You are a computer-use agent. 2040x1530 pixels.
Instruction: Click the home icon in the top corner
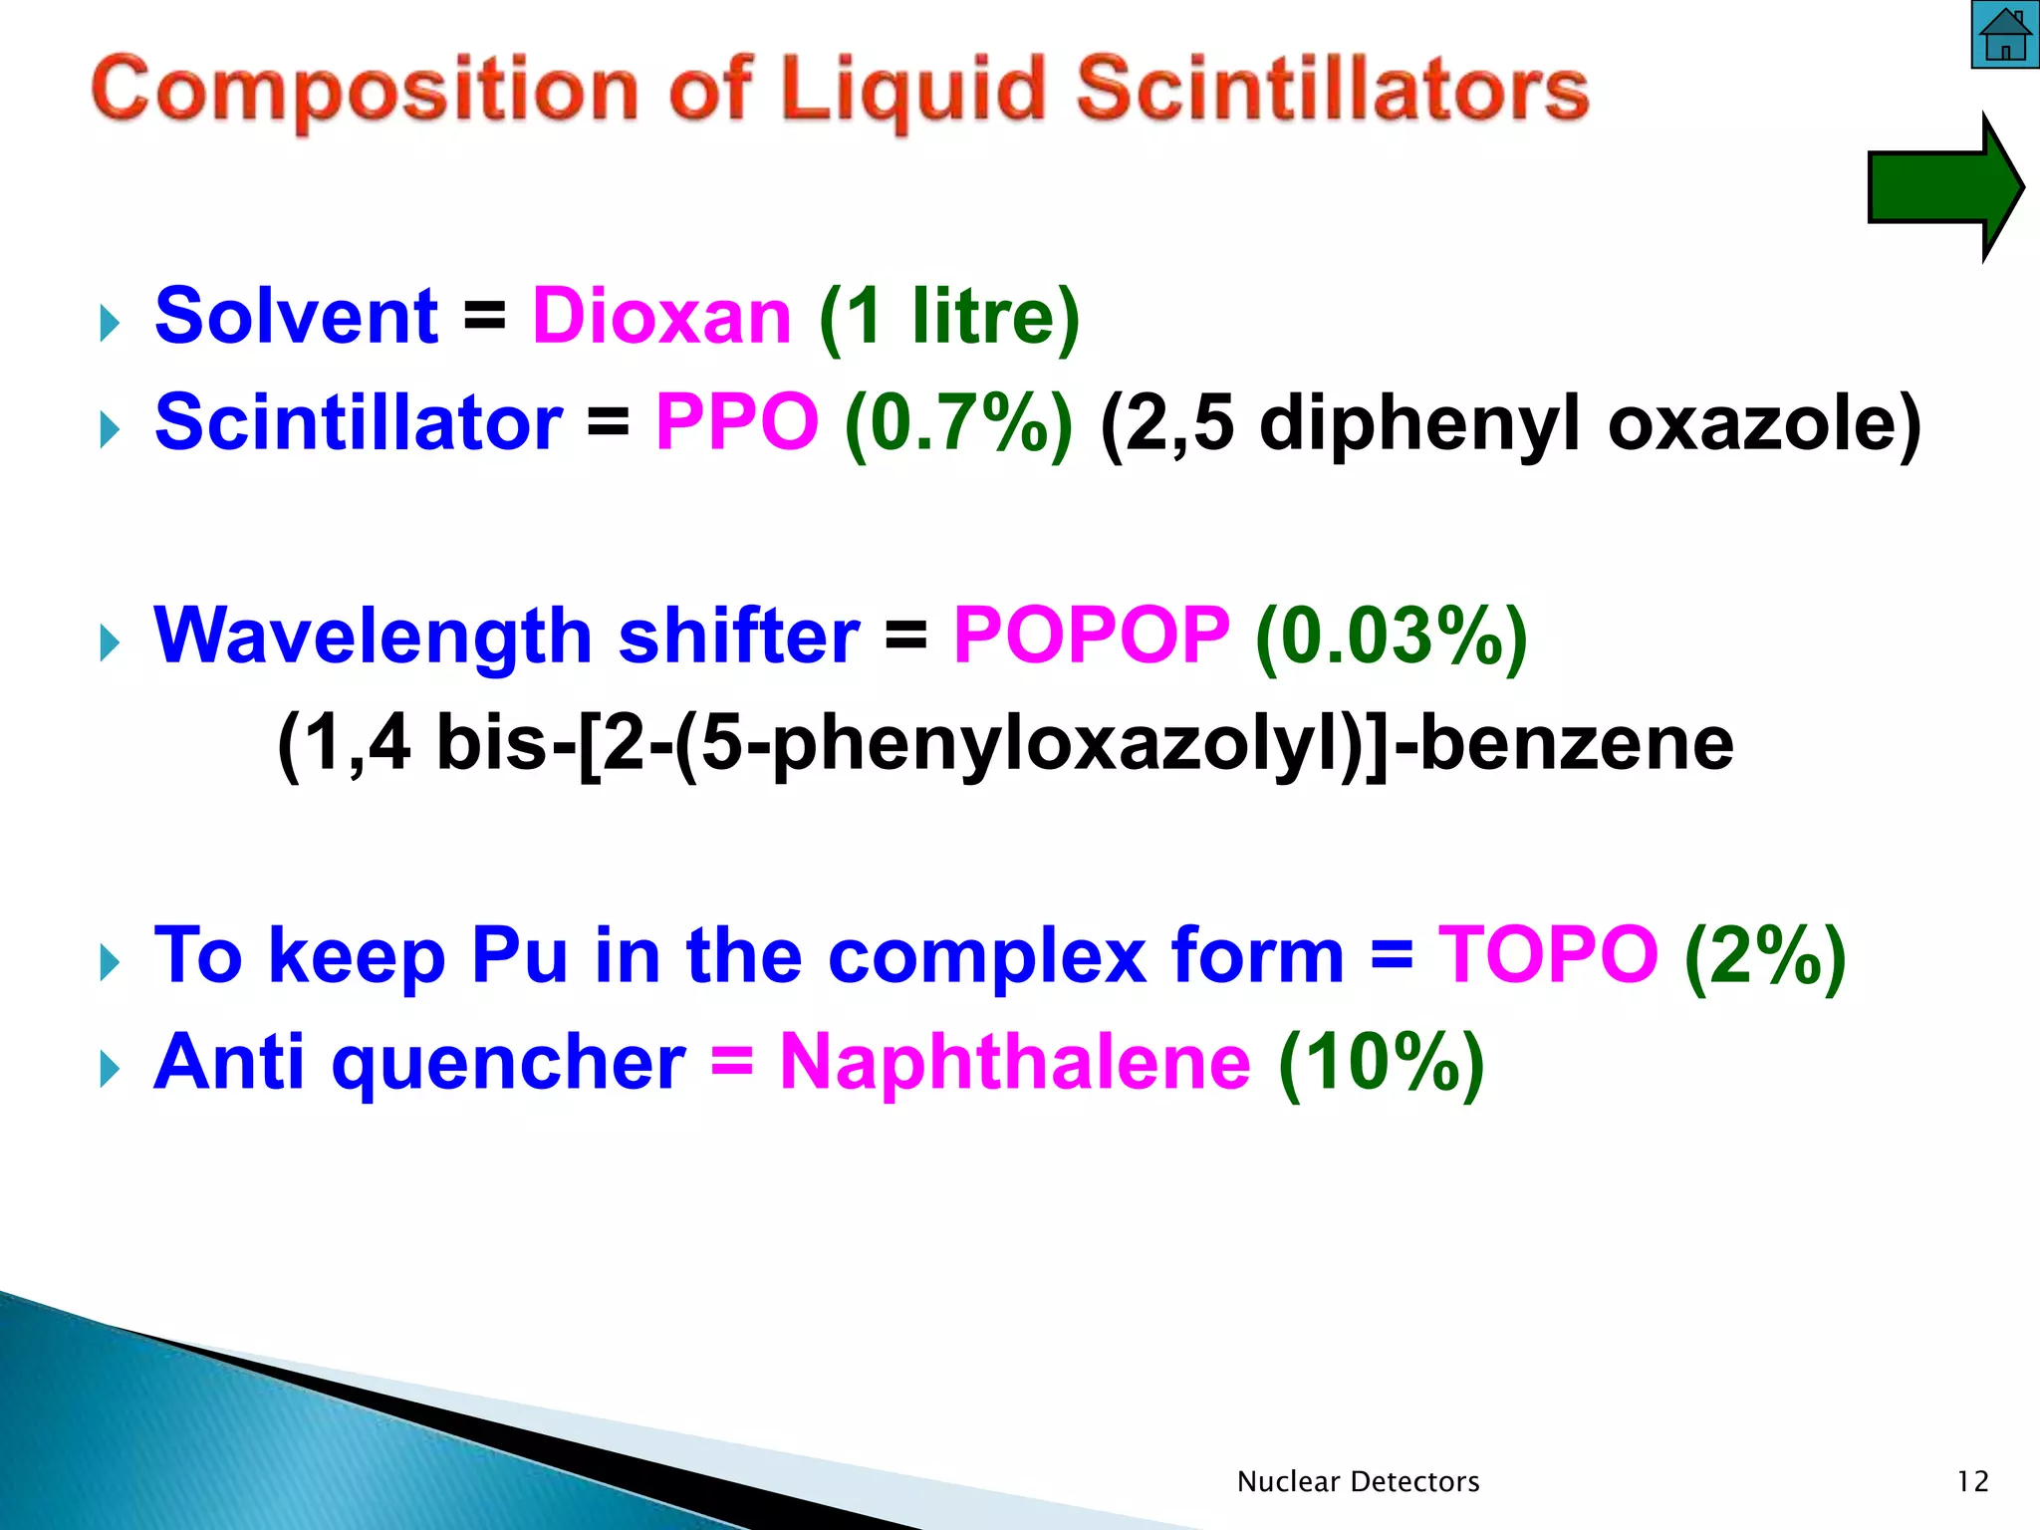tap(2005, 35)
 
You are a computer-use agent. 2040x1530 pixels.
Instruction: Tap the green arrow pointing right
tap(1942, 187)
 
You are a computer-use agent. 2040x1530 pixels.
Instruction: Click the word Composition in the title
tap(365, 91)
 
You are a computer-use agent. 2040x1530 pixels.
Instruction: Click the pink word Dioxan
tap(662, 317)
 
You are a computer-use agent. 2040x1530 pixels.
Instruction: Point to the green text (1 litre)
tap(949, 317)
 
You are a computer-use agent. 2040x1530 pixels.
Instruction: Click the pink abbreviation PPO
tap(737, 422)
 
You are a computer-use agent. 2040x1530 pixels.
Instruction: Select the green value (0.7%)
tap(958, 422)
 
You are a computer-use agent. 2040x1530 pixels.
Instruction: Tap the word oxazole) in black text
tap(1764, 422)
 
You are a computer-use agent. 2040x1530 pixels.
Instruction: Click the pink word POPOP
tap(1092, 636)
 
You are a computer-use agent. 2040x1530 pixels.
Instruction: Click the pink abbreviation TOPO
tap(1548, 955)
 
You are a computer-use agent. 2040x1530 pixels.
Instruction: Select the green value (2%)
tap(1765, 955)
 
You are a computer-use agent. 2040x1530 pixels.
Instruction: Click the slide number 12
tap(1972, 1482)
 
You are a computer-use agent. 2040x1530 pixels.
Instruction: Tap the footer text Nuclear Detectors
tap(1358, 1482)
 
